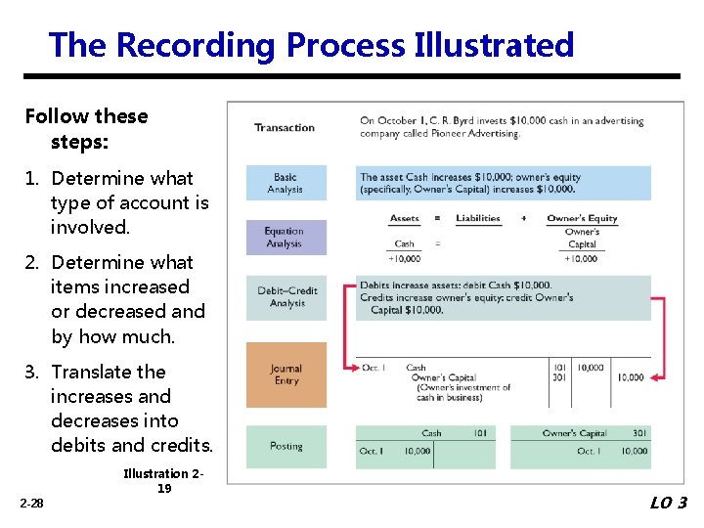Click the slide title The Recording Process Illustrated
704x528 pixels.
point(311,45)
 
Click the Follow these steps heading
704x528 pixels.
point(86,128)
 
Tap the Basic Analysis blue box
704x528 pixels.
point(286,184)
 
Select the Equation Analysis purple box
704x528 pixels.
point(285,238)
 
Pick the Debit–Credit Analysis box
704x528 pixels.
point(286,297)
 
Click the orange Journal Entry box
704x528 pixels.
point(286,374)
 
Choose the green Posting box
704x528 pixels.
point(286,447)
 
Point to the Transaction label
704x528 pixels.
point(285,127)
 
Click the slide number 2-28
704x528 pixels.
point(30,503)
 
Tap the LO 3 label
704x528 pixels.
point(669,503)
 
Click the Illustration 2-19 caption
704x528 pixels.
point(163,481)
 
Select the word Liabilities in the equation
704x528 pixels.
point(478,218)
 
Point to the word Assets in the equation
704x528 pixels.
point(404,218)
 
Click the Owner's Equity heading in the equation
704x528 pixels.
point(582,218)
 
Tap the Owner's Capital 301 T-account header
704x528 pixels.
point(581,433)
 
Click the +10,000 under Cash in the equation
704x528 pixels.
point(404,259)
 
